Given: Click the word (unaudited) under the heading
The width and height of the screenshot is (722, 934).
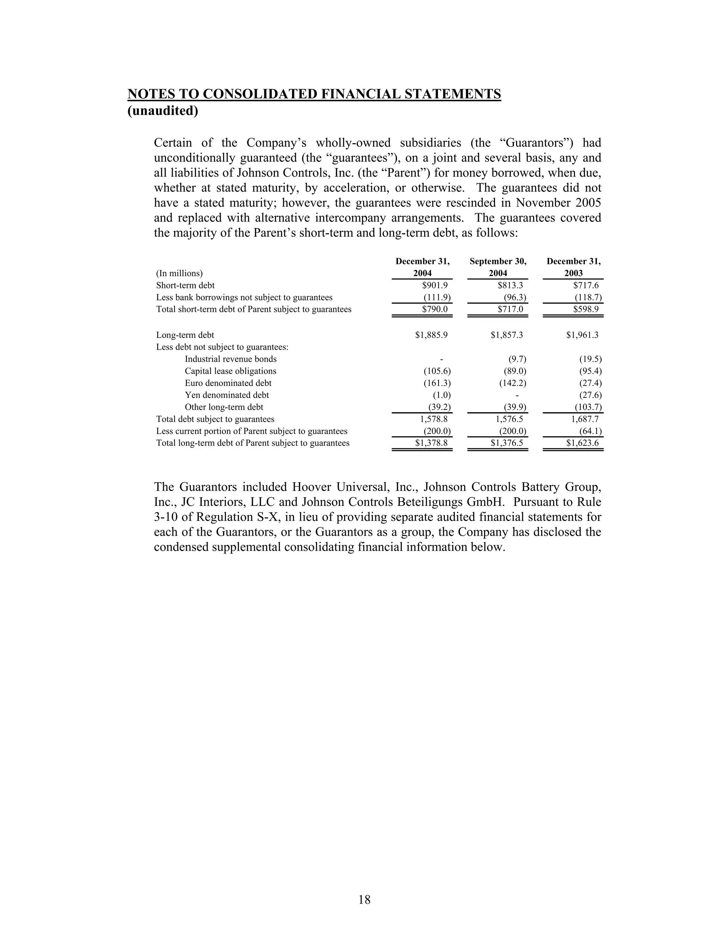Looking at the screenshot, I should [163, 111].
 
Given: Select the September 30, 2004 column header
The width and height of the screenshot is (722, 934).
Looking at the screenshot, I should [498, 267].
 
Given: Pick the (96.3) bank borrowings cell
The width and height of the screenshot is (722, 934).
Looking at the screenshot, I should [515, 297].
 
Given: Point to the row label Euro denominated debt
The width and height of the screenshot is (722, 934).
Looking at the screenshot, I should [228, 383].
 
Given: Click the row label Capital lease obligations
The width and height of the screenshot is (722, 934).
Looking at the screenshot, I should [231, 371].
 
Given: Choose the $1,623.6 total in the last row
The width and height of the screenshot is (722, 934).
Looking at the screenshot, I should [582, 443].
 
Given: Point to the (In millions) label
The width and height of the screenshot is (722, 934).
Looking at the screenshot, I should [179, 273].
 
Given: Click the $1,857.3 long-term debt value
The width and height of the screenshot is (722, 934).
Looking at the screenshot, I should [507, 335].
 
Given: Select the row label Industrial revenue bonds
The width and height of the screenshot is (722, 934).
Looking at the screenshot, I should [231, 359].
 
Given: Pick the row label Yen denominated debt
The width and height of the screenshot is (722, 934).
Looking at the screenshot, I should [227, 395].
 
